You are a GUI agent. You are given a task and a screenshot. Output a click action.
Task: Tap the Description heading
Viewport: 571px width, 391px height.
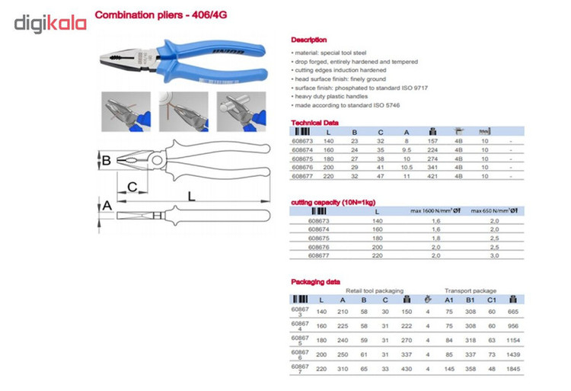(309, 40)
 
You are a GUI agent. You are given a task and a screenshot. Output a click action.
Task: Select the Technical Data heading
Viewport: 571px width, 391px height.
(313, 122)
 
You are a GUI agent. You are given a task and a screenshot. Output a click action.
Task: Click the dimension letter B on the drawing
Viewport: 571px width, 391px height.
(107, 160)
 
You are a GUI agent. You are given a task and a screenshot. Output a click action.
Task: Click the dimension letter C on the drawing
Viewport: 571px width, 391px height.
(132, 187)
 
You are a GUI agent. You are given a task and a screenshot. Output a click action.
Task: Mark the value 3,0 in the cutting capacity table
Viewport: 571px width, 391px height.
(494, 256)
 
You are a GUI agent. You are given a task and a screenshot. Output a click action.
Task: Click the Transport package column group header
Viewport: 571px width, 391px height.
(471, 290)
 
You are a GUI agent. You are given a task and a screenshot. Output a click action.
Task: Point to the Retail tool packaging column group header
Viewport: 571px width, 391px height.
(372, 290)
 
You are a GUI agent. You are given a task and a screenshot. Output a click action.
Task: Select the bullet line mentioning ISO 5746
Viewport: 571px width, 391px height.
(346, 105)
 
